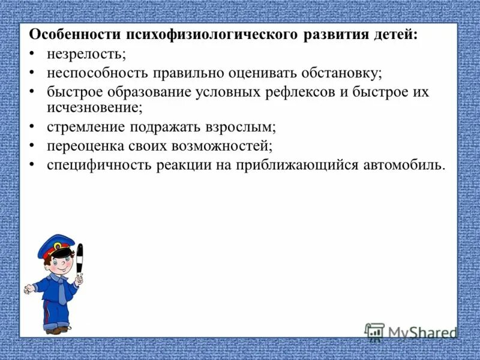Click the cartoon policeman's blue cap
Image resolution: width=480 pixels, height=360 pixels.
click(55, 246)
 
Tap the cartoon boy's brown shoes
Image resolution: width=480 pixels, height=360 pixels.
click(55, 329)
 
